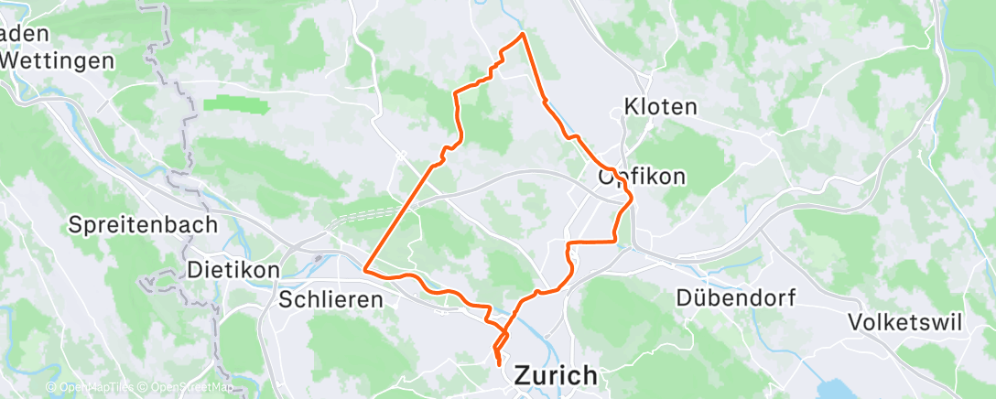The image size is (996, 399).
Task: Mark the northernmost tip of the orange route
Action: click(x=522, y=34)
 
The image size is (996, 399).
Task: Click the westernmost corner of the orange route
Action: click(x=365, y=269)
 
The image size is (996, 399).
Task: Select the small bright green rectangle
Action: click(x=235, y=106)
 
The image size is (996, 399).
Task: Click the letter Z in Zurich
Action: click(x=525, y=375)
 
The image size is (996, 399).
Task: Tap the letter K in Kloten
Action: click(x=630, y=106)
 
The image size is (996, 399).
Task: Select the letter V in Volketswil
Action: click(x=856, y=322)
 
